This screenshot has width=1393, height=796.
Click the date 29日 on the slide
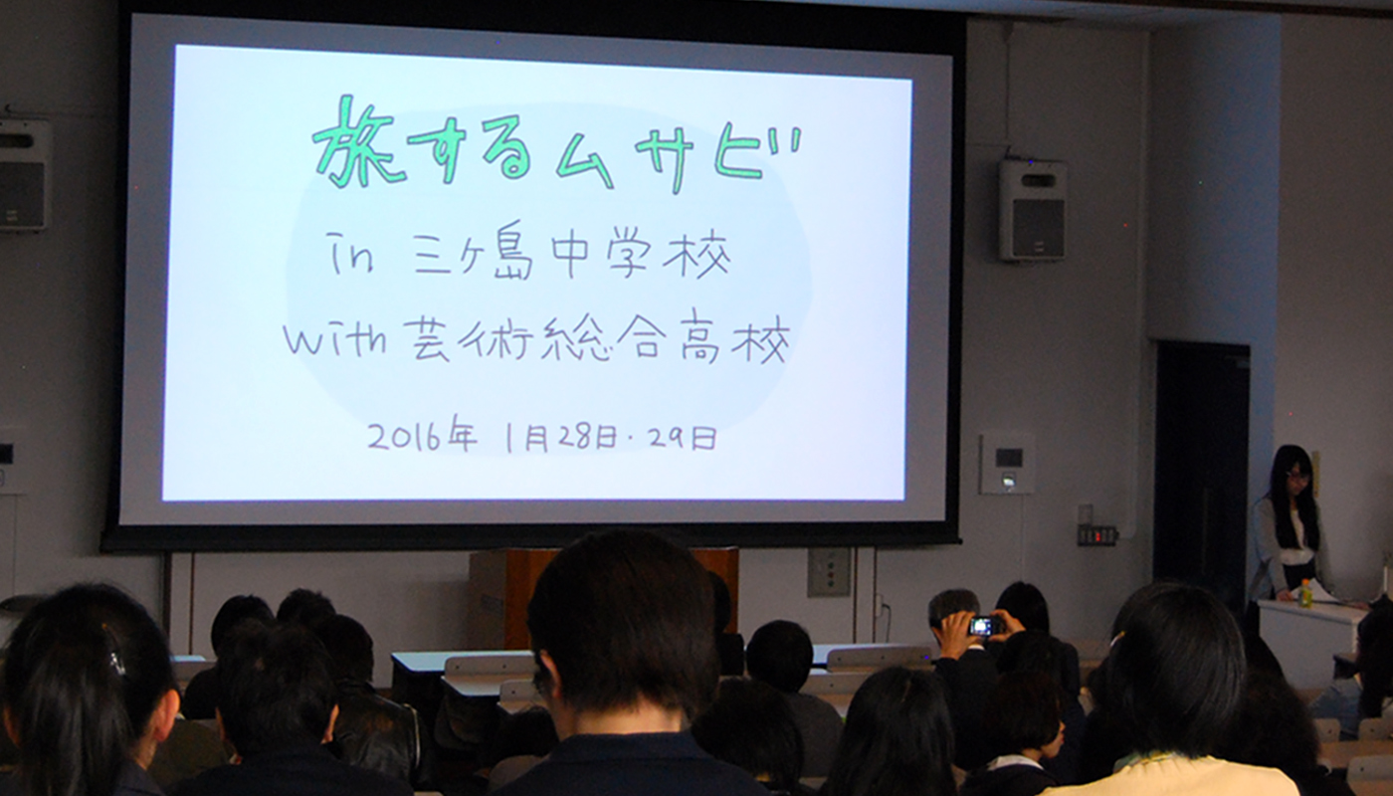pos(683,439)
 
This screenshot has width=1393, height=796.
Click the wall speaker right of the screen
pos(1033,209)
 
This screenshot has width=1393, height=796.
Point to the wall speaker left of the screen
pos(24,174)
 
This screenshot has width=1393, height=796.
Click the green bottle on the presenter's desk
pos(1304,593)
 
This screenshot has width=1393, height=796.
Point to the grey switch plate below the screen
pos(828,572)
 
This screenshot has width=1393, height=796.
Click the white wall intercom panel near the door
pos(1007,464)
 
